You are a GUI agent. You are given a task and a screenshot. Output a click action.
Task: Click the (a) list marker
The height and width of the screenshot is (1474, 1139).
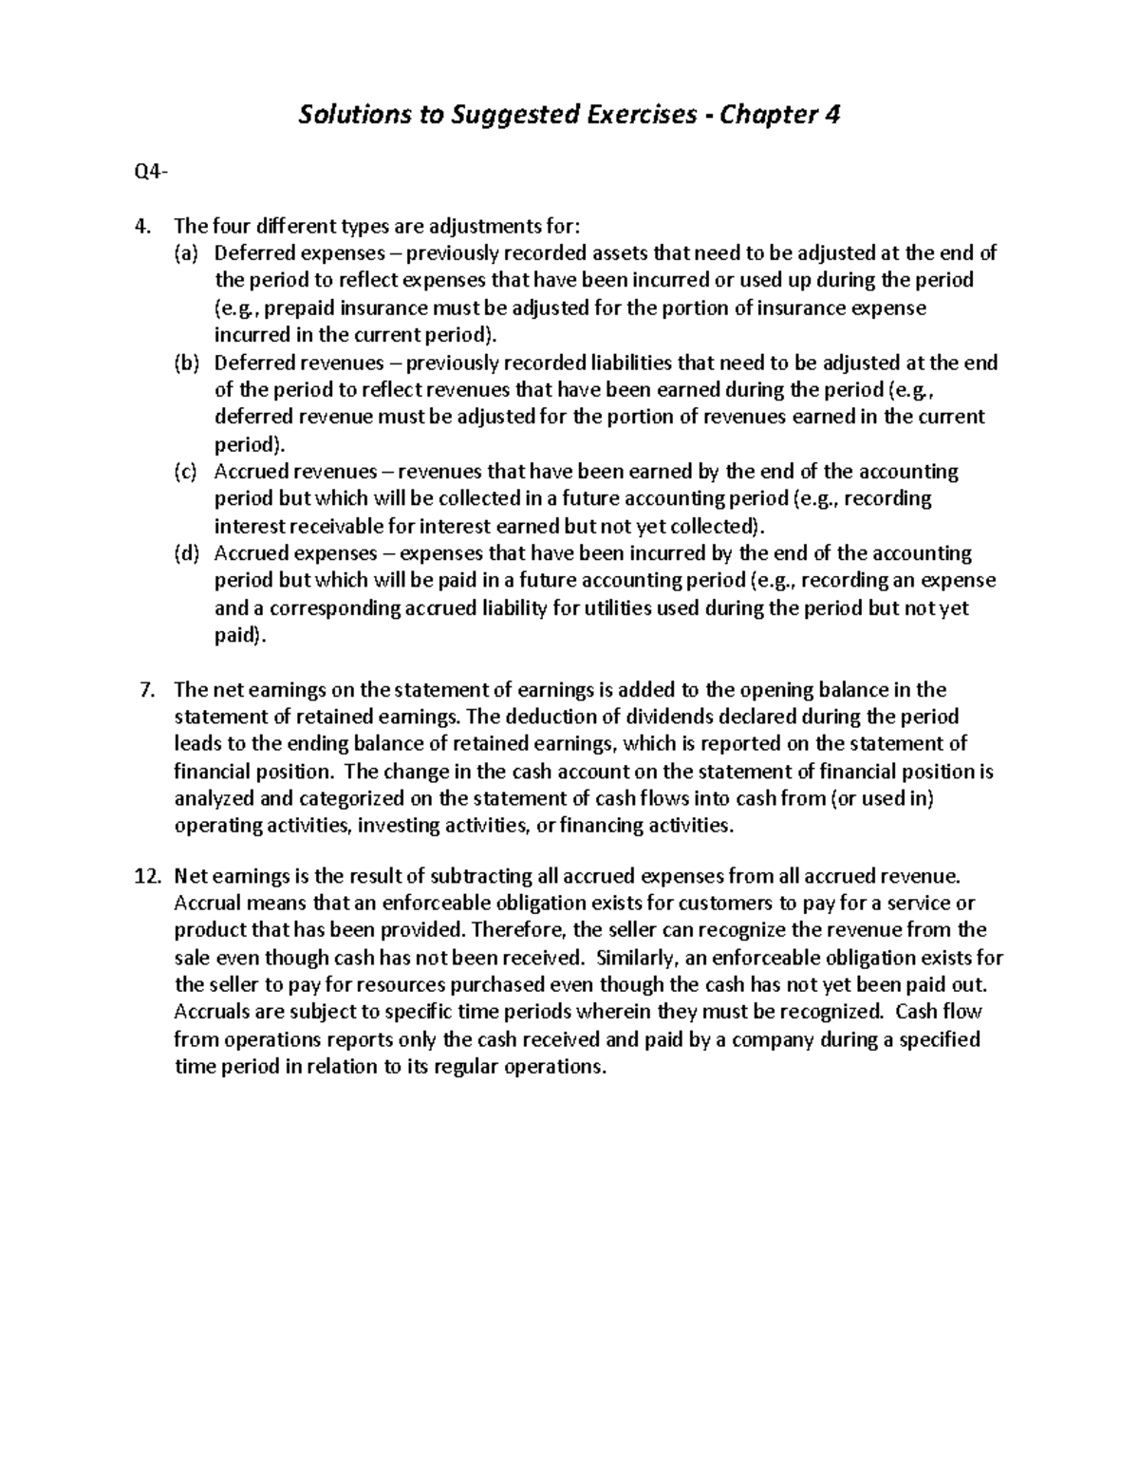click(186, 253)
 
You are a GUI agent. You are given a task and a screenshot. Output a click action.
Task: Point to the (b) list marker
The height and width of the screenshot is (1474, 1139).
click(186, 364)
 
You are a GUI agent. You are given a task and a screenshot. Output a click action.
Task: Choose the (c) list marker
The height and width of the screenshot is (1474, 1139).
click(186, 473)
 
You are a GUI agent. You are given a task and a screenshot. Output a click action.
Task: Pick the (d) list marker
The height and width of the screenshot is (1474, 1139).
click(186, 554)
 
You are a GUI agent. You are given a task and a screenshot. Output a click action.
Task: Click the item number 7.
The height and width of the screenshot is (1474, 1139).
click(147, 690)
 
